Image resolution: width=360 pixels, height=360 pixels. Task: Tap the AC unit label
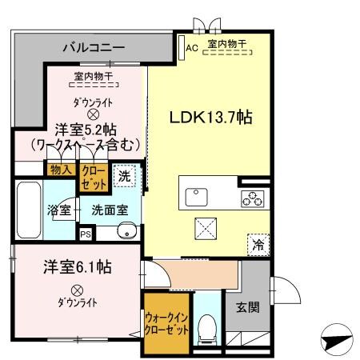point(191,47)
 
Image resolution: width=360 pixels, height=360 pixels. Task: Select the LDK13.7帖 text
point(210,117)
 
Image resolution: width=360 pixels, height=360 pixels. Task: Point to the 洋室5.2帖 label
point(86,128)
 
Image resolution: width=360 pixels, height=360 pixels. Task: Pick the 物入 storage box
point(61,170)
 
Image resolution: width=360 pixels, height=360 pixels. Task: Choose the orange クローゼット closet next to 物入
point(93,176)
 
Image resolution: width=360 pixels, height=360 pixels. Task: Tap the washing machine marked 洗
point(124,177)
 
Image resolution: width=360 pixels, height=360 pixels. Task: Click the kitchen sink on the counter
point(195,197)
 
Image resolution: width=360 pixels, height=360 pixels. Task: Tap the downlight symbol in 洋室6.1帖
point(77,290)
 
